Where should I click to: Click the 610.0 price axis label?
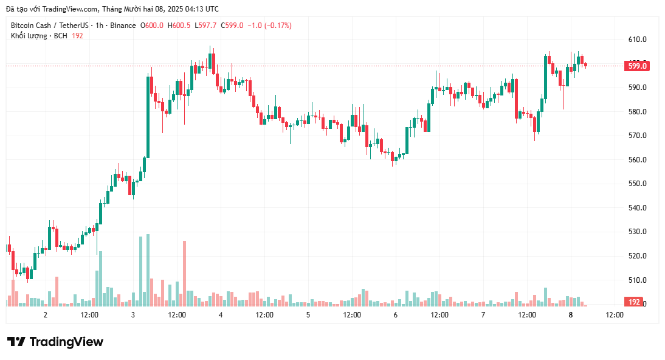[x=637, y=40]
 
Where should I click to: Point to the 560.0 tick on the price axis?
[x=637, y=160]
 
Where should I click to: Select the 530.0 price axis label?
[x=637, y=232]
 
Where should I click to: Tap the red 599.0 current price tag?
[x=636, y=66]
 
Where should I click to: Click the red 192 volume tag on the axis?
[x=634, y=302]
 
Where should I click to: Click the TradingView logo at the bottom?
[x=55, y=342]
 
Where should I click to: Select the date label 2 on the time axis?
[x=46, y=315]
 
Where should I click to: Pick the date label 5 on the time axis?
[x=308, y=315]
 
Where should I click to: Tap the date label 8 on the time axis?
[x=571, y=315]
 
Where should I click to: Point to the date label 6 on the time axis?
[x=396, y=315]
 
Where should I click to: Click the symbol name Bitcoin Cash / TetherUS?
[x=49, y=26]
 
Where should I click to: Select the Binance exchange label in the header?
[x=123, y=26]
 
